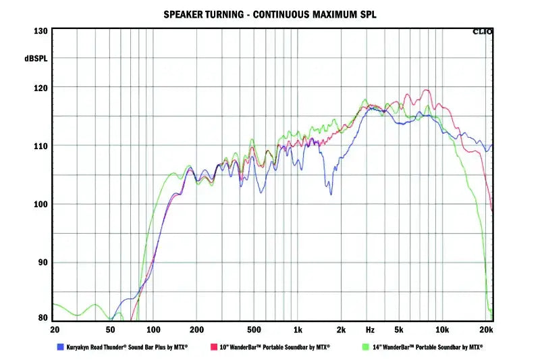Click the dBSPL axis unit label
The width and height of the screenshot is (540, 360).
36,59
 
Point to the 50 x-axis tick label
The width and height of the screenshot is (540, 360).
110,330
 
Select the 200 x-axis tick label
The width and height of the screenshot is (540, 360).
196,330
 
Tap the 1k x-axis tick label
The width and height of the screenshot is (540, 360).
298,330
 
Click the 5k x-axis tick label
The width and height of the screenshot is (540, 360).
399,330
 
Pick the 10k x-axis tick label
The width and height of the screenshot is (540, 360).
442,330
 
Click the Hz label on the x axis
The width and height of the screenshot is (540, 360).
370,330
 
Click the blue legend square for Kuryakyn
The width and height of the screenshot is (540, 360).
60,346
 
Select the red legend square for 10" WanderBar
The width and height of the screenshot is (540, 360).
213,346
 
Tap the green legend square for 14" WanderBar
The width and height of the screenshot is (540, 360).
366,346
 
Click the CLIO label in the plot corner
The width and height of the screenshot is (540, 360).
483,31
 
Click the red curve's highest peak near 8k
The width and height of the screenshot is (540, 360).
427,90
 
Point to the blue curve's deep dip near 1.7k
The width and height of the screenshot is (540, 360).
331,195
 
